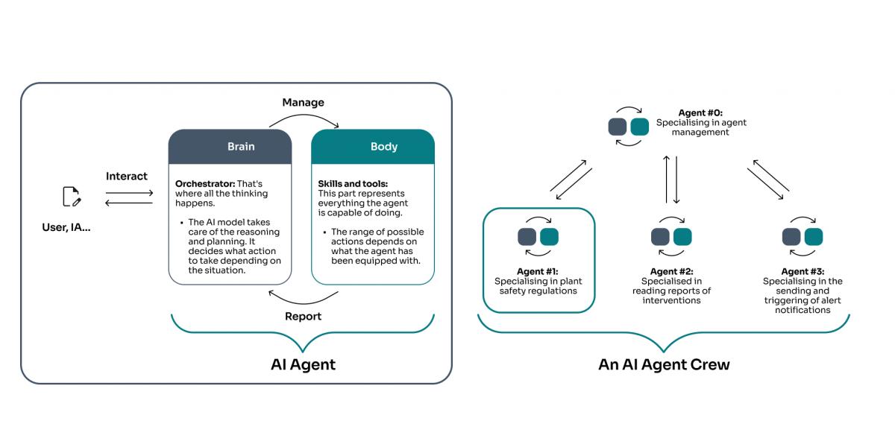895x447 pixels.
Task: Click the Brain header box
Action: tap(230, 147)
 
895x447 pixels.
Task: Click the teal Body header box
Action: tap(372, 147)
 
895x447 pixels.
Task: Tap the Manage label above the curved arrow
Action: tap(303, 102)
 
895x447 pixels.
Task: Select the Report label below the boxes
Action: tap(303, 316)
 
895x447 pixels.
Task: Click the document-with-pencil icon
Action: tap(72, 197)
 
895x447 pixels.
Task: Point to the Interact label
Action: tap(127, 177)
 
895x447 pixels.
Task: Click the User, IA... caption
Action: tap(66, 227)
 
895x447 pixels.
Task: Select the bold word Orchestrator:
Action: tap(204, 183)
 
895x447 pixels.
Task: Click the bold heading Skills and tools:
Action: tap(352, 183)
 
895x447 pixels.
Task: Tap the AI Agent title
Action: tap(303, 364)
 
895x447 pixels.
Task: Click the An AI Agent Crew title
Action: tap(664, 364)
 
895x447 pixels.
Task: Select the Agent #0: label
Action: tap(700, 112)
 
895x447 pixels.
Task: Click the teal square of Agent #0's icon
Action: tap(639, 127)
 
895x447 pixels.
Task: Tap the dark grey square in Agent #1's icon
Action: tap(527, 237)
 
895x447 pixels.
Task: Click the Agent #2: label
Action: tap(671, 271)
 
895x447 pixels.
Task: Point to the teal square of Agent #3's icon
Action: tap(814, 237)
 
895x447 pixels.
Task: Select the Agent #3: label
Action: tap(803, 271)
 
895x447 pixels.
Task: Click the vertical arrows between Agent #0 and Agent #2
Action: tap(671, 179)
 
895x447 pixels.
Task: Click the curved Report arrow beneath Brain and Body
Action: tap(303, 299)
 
